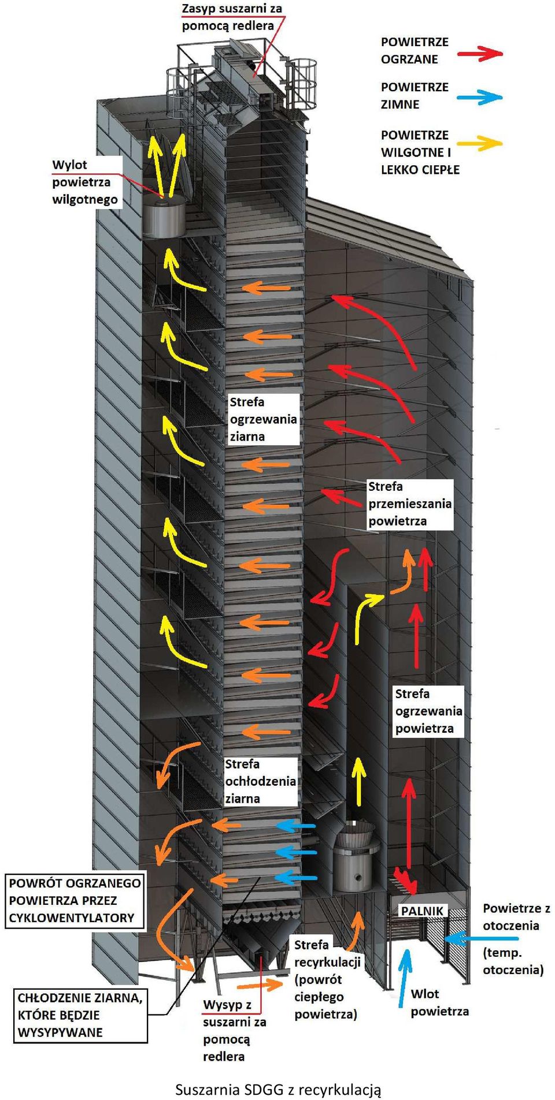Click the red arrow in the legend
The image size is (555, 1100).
click(480, 54)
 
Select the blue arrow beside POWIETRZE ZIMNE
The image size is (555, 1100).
click(480, 97)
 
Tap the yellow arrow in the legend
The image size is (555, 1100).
click(480, 143)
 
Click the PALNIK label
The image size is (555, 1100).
click(422, 911)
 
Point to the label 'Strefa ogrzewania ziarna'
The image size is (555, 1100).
click(264, 419)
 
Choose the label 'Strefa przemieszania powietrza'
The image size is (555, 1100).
click(410, 504)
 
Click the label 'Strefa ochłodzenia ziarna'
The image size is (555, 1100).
click(260, 781)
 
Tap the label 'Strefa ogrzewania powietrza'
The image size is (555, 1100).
click(428, 711)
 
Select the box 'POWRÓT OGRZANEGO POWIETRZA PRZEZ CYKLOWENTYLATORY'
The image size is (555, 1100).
click(74, 900)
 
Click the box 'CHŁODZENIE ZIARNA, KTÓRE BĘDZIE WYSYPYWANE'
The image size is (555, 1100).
click(80, 1016)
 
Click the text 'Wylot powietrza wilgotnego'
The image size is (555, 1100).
click(85, 182)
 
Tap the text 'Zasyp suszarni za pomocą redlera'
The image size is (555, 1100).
click(232, 17)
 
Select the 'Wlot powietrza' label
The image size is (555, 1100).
click(440, 1002)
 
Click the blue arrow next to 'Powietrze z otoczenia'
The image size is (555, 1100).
click(481, 938)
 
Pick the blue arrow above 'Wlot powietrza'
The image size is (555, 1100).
click(405, 978)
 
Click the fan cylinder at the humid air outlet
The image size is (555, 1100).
click(163, 217)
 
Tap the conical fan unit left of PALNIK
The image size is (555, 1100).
click(356, 856)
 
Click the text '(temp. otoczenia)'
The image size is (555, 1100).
click(513, 961)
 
